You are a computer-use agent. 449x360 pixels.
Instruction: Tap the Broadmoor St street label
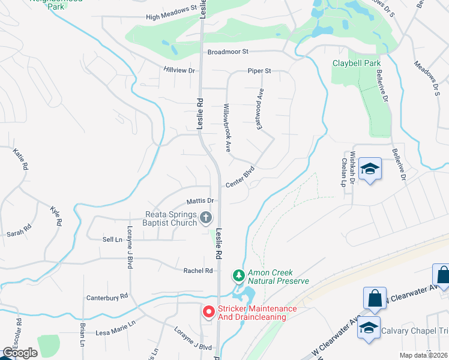228,52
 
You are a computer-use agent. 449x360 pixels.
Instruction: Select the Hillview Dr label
179,70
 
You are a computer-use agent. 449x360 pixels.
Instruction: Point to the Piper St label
259,71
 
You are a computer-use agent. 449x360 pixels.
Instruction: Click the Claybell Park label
357,63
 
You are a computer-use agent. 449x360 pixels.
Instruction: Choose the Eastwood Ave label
261,107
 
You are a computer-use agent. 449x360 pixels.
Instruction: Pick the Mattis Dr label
200,200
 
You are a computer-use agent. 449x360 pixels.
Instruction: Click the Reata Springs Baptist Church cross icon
206,218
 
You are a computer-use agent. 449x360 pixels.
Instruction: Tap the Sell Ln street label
112,239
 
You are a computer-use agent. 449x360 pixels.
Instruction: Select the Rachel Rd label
199,271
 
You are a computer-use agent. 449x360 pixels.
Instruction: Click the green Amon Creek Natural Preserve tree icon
239,276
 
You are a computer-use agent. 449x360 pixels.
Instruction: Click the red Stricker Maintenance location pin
208,312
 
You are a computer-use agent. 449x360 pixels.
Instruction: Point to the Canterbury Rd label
107,296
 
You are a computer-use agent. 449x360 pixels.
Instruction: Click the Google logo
20,353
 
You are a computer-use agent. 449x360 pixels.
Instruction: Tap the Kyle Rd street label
56,215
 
